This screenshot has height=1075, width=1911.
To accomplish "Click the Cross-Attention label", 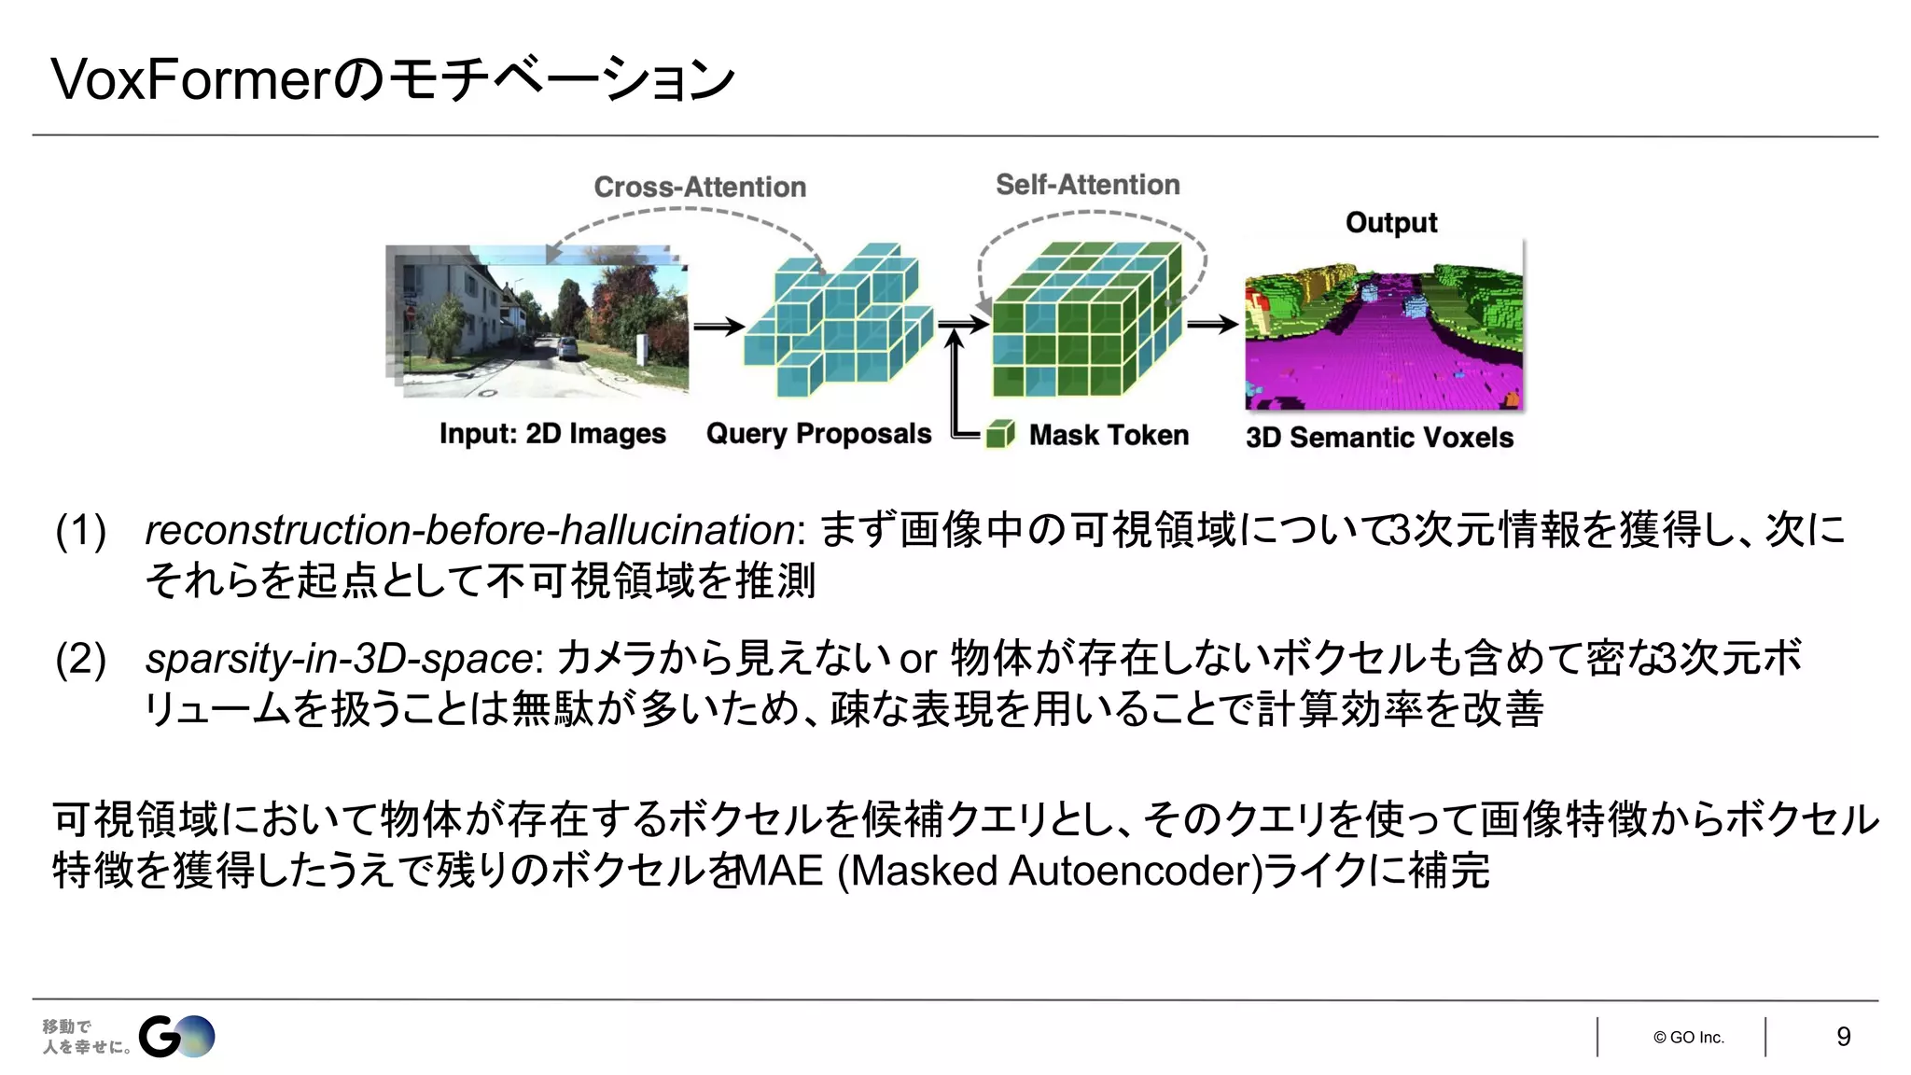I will [700, 187].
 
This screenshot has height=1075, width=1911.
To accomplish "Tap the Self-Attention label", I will [1087, 185].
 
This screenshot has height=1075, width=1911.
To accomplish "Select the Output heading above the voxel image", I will [1390, 223].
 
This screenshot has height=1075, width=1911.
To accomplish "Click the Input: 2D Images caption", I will [552, 434].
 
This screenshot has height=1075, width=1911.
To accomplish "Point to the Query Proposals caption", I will [818, 434].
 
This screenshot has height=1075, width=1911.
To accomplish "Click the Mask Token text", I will [1109, 435].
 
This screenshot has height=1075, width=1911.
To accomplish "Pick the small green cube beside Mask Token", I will [1000, 434].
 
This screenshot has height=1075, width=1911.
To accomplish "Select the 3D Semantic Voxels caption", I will [1379, 437].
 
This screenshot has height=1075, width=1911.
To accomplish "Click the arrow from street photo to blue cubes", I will [718, 327].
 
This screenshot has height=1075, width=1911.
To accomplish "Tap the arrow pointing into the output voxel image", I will [1212, 325].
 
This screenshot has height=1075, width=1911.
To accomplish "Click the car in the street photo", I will [566, 349].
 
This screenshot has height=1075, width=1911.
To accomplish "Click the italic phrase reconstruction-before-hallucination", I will [469, 530].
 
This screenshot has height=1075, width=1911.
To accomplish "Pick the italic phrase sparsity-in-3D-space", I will [340, 659].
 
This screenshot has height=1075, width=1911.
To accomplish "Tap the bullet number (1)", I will [81, 530].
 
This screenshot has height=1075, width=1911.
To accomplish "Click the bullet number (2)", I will [81, 659].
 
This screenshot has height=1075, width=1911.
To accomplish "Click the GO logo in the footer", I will [176, 1037].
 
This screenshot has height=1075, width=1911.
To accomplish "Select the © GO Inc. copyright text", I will [1688, 1038].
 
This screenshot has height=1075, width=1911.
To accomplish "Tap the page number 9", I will [1843, 1037].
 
